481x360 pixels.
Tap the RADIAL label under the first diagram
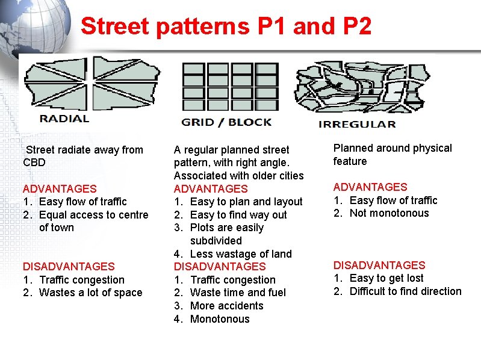click(x=64, y=119)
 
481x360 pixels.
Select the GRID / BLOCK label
click(x=226, y=122)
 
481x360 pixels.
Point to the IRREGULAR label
click(x=356, y=124)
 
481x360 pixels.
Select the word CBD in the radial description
click(x=34, y=163)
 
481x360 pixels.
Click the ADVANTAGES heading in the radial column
click(x=59, y=189)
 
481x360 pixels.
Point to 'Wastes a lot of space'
click(x=90, y=293)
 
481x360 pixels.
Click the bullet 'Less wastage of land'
click(x=240, y=254)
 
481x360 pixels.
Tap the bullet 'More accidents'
click(x=226, y=306)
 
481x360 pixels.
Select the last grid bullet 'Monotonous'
click(x=219, y=319)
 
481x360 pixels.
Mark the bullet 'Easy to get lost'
click(x=386, y=278)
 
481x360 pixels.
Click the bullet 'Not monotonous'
click(x=389, y=213)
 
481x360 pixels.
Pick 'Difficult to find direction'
click(x=405, y=291)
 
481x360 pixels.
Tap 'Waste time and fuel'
click(x=238, y=293)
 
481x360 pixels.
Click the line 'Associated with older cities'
click(x=238, y=176)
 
